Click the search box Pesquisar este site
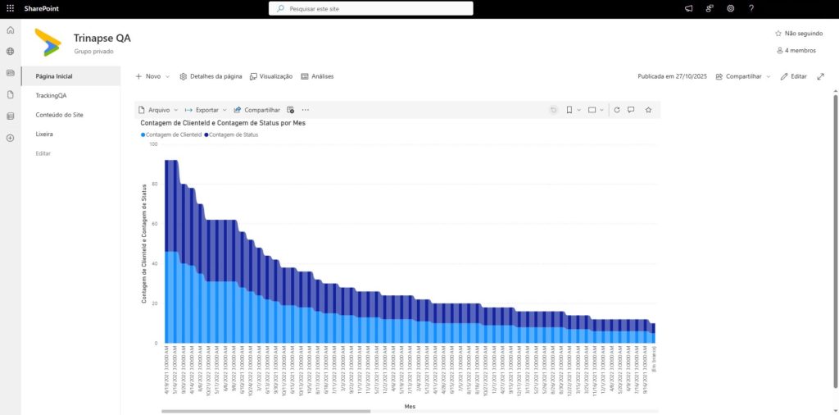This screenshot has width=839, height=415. click(370, 8)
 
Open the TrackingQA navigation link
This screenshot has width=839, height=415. click(51, 95)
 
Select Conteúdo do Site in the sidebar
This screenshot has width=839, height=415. click(60, 115)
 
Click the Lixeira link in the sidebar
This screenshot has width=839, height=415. click(44, 134)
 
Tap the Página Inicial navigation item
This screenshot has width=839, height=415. click(55, 76)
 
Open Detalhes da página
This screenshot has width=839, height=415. click(211, 76)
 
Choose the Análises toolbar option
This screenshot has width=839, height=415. click(317, 76)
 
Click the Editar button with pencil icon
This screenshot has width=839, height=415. click(793, 76)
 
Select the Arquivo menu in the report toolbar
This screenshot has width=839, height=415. click(157, 109)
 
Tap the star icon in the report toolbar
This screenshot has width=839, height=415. click(648, 109)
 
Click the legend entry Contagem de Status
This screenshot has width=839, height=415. click(234, 134)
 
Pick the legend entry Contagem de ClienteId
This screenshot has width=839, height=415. click(173, 134)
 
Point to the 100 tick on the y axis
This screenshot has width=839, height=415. click(153, 144)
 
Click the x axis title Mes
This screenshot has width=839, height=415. click(410, 405)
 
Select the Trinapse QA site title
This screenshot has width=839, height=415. click(102, 38)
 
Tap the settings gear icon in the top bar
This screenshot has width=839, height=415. click(730, 8)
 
